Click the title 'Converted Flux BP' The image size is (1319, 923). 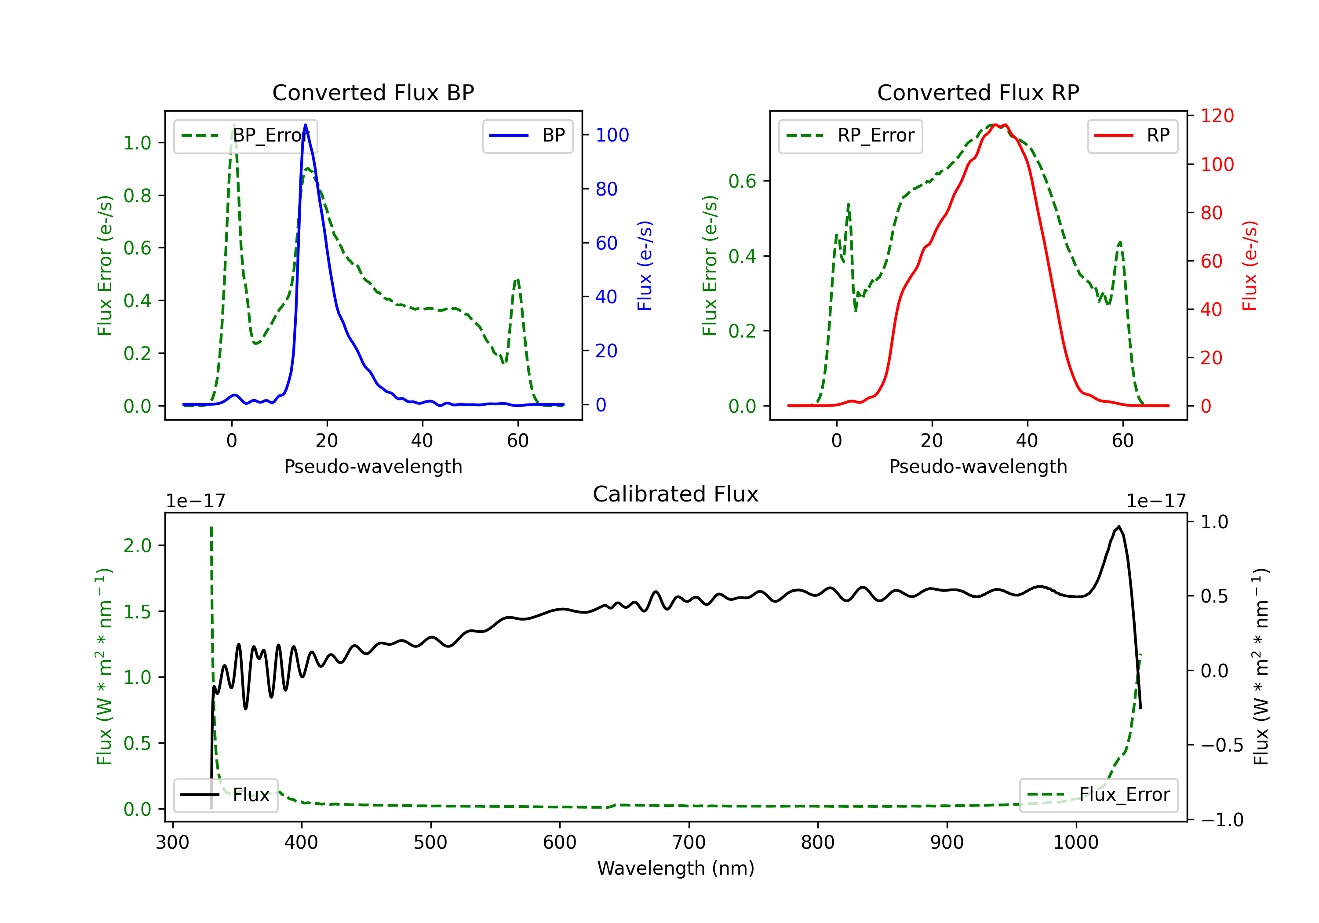pos(373,92)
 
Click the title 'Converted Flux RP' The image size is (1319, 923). pos(978,92)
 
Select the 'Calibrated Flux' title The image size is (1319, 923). pos(676,494)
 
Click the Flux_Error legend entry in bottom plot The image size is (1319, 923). pos(1098,795)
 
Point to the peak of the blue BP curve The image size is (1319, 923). pos(305,125)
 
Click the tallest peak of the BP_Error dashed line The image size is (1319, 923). pos(233,125)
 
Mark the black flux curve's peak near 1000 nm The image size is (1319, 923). pos(1118,526)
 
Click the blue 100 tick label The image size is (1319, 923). pos(612,135)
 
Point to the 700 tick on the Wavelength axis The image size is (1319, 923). pos(689,843)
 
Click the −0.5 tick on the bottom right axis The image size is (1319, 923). pos(1222,745)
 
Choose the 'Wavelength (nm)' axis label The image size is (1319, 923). pos(676,868)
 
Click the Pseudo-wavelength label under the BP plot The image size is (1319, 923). pos(373,466)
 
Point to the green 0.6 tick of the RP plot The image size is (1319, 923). pos(742,182)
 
